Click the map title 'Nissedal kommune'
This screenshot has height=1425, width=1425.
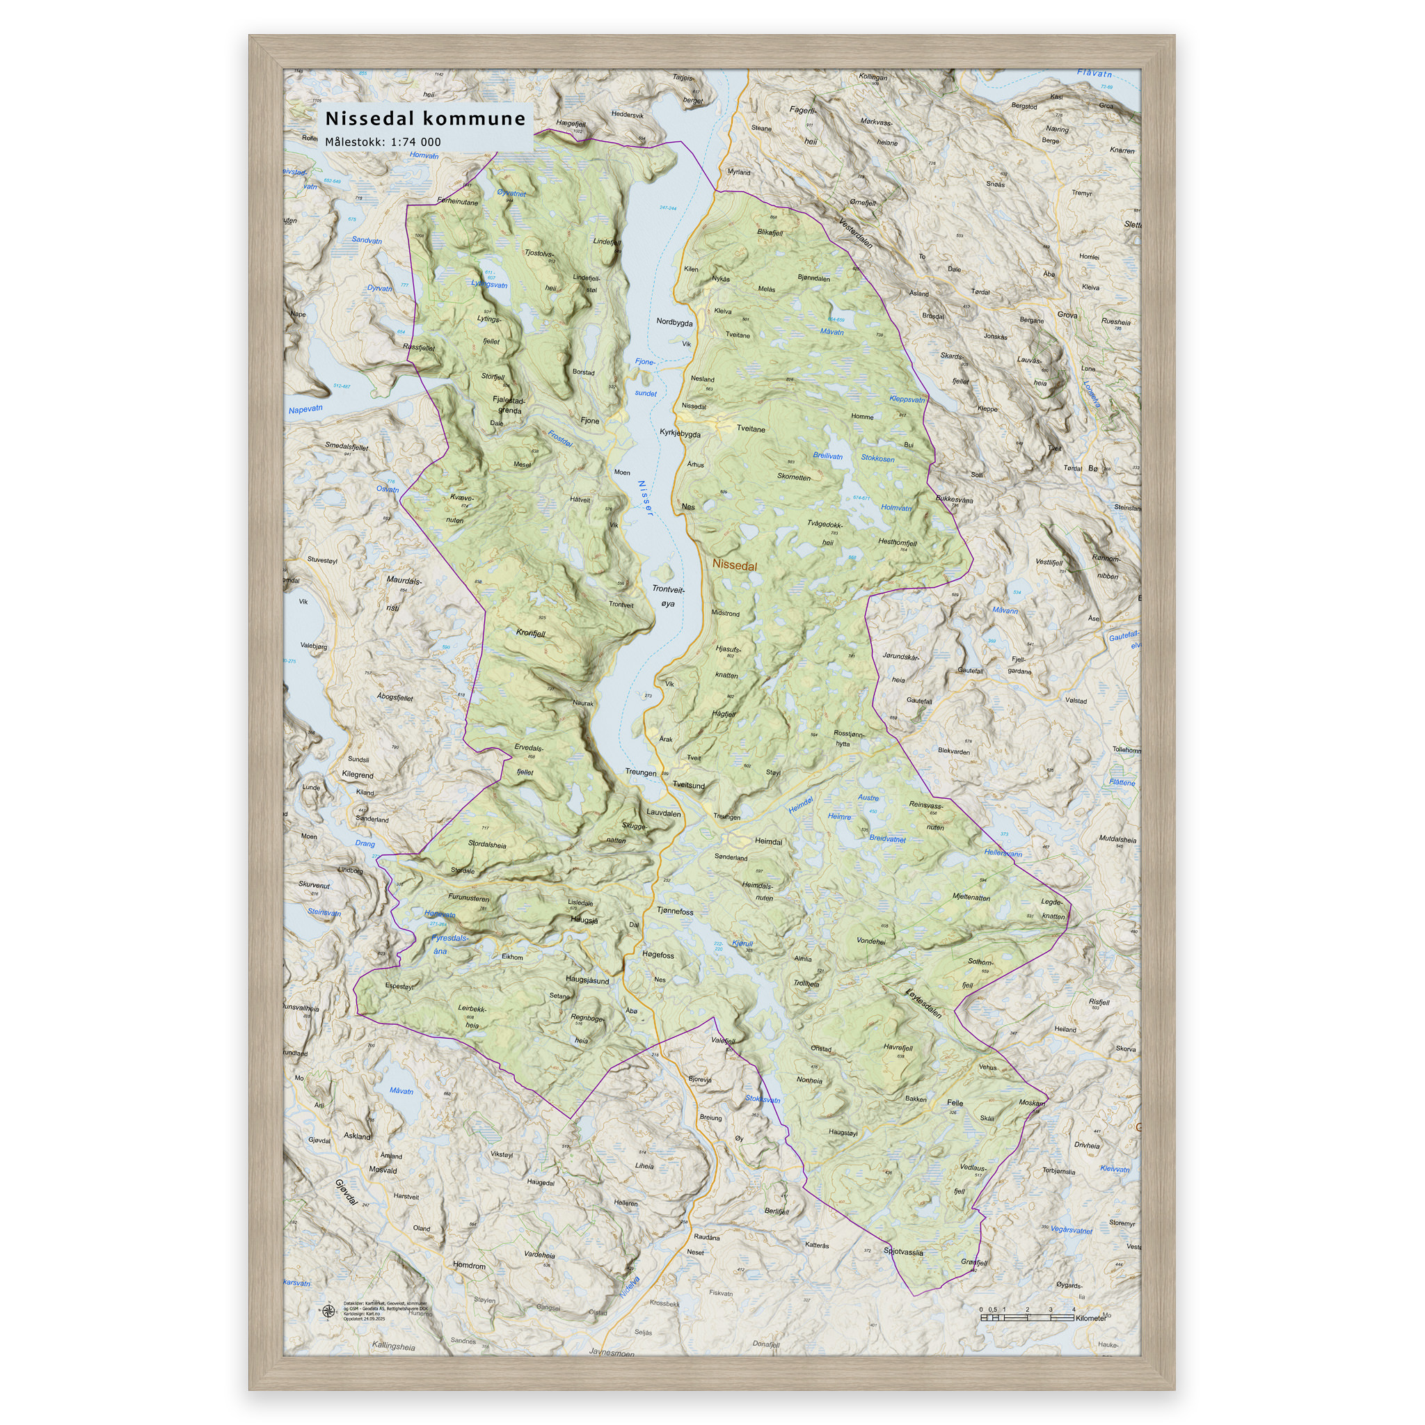click(425, 119)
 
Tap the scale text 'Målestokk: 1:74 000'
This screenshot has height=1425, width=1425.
click(383, 142)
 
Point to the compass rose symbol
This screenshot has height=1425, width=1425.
click(328, 1311)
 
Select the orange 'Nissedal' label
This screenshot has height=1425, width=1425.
click(734, 566)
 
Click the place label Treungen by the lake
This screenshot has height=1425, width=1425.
click(640, 772)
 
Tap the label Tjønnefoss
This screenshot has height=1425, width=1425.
click(675, 911)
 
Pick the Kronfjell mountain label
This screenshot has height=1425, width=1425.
click(530, 633)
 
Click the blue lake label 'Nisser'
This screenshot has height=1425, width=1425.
click(644, 498)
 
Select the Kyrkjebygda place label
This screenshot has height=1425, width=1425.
click(679, 433)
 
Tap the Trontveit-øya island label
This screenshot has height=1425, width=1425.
click(668, 596)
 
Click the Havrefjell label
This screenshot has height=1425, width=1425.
click(898, 1047)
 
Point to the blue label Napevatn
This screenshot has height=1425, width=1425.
click(305, 409)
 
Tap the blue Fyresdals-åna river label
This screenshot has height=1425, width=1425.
click(449, 944)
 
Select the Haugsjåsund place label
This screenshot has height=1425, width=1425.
click(587, 980)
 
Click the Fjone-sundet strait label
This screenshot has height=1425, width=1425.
click(646, 377)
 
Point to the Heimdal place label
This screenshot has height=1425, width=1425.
click(768, 841)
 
